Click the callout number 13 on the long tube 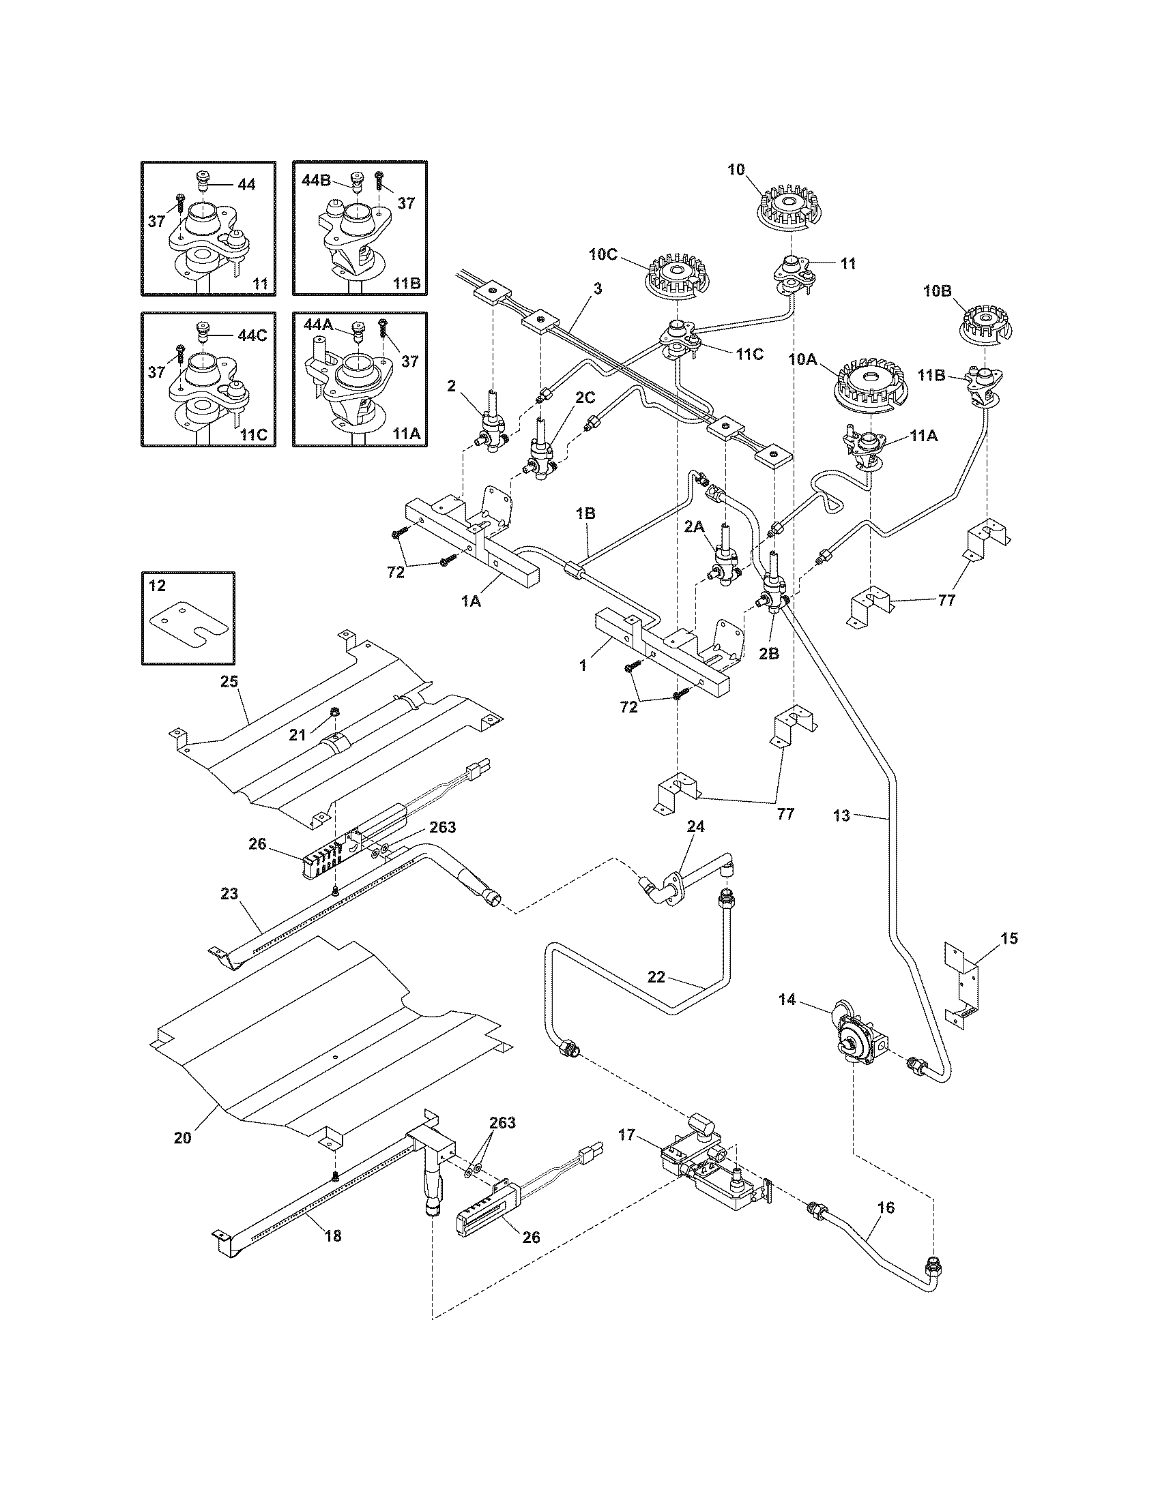pos(841,816)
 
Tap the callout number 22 pos(656,976)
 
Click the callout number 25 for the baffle pos(228,682)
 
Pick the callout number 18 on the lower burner pos(332,1236)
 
